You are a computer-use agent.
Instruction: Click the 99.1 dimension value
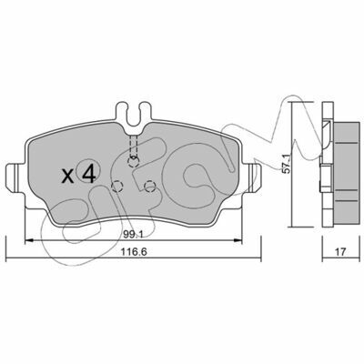133,234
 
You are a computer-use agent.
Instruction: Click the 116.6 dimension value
134,251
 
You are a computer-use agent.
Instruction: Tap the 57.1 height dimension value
287,163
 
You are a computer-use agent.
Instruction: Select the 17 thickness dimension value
341,251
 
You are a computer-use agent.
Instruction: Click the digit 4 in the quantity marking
89,174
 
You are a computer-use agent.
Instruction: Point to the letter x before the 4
67,176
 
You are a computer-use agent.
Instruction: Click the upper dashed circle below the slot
133,162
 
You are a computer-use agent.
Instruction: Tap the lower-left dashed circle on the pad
117,187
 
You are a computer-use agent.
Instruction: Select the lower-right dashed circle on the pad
149,187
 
